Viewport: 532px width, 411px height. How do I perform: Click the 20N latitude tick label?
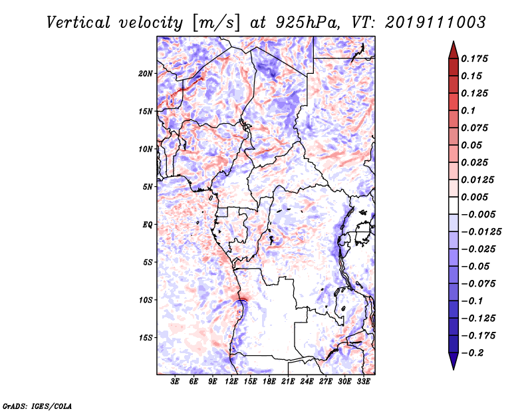coord(146,73)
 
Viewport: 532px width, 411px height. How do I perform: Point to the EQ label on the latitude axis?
coord(147,224)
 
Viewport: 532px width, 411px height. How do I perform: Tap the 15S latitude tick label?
coord(146,337)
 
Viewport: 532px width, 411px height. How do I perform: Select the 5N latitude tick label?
coord(147,186)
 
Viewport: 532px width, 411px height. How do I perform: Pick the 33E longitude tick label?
coord(363,382)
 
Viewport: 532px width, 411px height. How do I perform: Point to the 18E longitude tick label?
coord(269,382)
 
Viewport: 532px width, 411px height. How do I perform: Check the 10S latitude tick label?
coord(146,300)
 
